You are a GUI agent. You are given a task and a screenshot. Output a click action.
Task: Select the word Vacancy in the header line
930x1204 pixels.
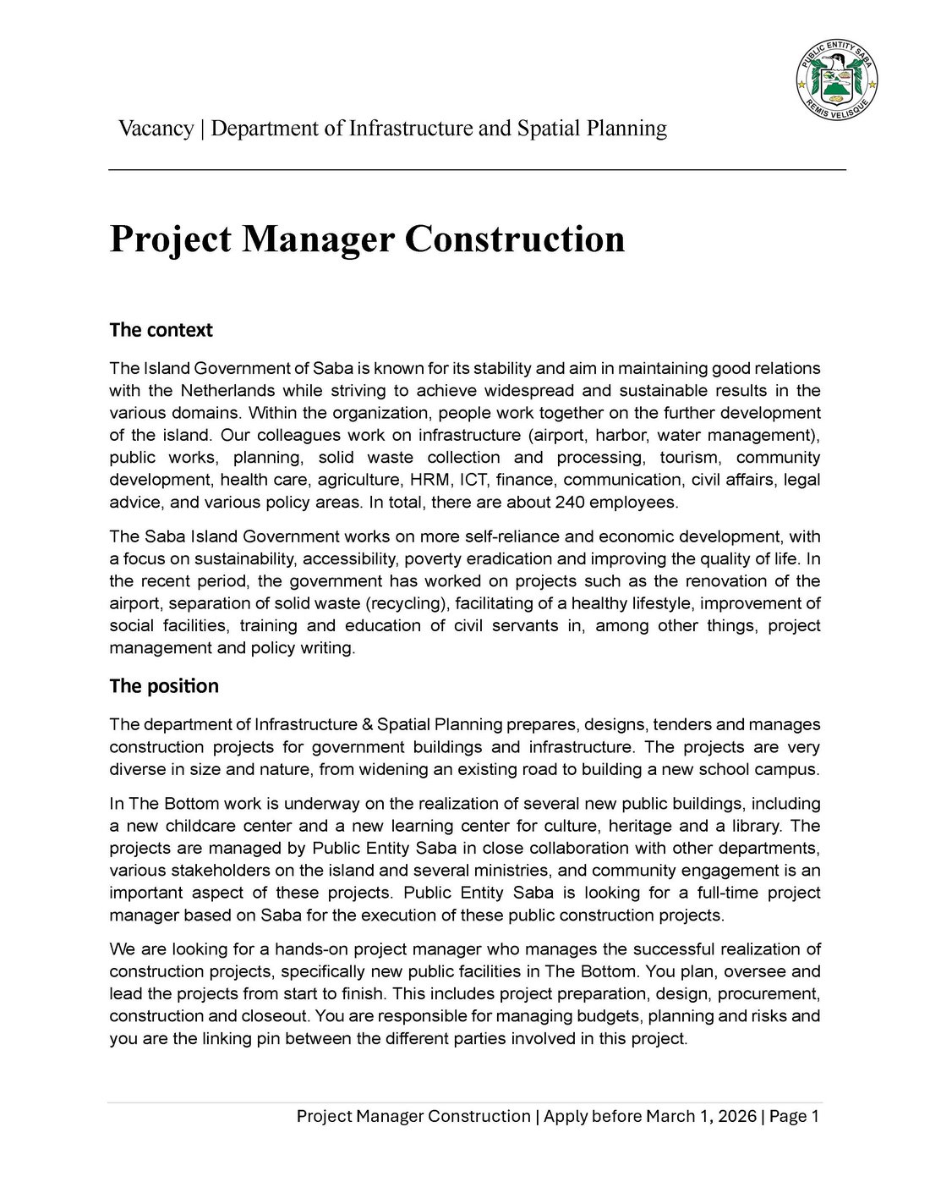coord(156,129)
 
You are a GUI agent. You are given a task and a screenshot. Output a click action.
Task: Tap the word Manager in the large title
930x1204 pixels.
coord(319,239)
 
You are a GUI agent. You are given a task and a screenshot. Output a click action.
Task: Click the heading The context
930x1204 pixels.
coord(161,330)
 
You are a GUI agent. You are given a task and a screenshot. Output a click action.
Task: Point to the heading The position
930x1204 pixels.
coord(164,686)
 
